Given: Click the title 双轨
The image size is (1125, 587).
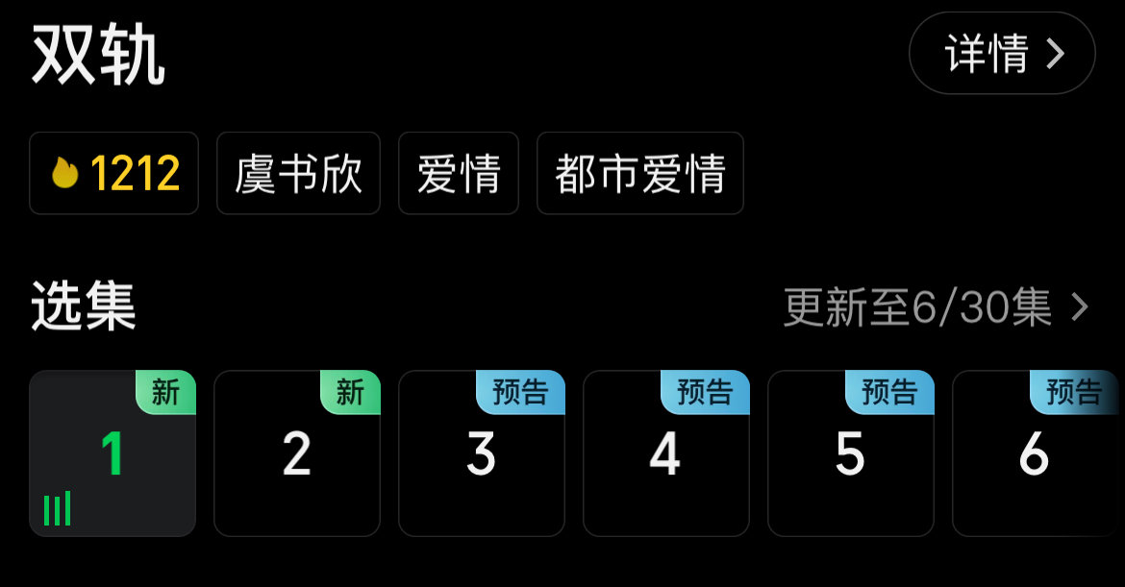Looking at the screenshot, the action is [98, 56].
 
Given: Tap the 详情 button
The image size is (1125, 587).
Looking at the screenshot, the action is [1001, 54].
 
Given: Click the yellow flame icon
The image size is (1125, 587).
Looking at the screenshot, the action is [64, 174].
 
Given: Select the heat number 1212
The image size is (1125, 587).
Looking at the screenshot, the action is [135, 174].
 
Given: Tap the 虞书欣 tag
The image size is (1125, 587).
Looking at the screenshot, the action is [298, 174].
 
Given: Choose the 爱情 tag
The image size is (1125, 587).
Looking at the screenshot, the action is [459, 174].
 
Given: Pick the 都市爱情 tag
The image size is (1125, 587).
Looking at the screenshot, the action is [639, 174].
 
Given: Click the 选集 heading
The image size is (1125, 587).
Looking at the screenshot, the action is [84, 306].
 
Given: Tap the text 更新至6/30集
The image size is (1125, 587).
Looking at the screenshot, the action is [917, 307].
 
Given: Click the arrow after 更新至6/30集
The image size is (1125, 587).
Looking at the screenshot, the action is [1080, 307].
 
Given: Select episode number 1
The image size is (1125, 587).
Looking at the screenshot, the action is [112, 453].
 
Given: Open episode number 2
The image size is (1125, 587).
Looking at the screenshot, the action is [296, 453].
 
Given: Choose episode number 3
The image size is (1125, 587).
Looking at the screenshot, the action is [481, 453].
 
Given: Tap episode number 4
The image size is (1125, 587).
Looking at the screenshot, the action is [665, 453].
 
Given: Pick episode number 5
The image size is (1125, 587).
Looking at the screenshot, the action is [850, 453].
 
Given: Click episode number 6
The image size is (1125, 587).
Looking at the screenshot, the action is [1035, 453].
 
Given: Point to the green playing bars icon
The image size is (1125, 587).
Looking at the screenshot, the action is [58, 509].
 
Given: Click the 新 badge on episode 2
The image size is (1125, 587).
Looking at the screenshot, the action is [350, 392].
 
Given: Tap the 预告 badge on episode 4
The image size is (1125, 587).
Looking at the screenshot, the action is [705, 392].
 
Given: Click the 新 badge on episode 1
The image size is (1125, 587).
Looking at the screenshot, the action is [165, 392].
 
